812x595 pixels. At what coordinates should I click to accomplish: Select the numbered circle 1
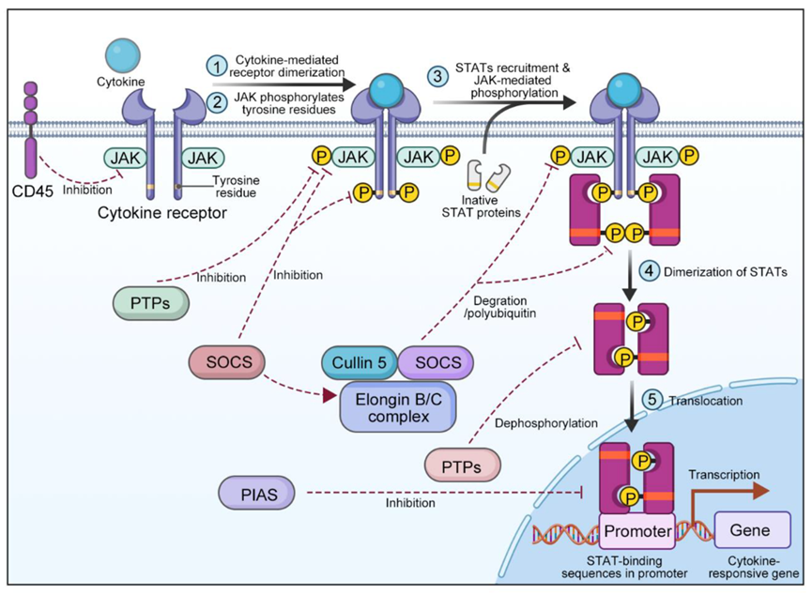point(218,66)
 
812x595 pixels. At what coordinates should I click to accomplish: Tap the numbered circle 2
point(218,100)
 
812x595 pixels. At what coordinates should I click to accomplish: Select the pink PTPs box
point(462,465)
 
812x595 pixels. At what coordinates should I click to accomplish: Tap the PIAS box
point(251,492)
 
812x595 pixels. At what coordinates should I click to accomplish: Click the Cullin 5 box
point(361,361)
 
